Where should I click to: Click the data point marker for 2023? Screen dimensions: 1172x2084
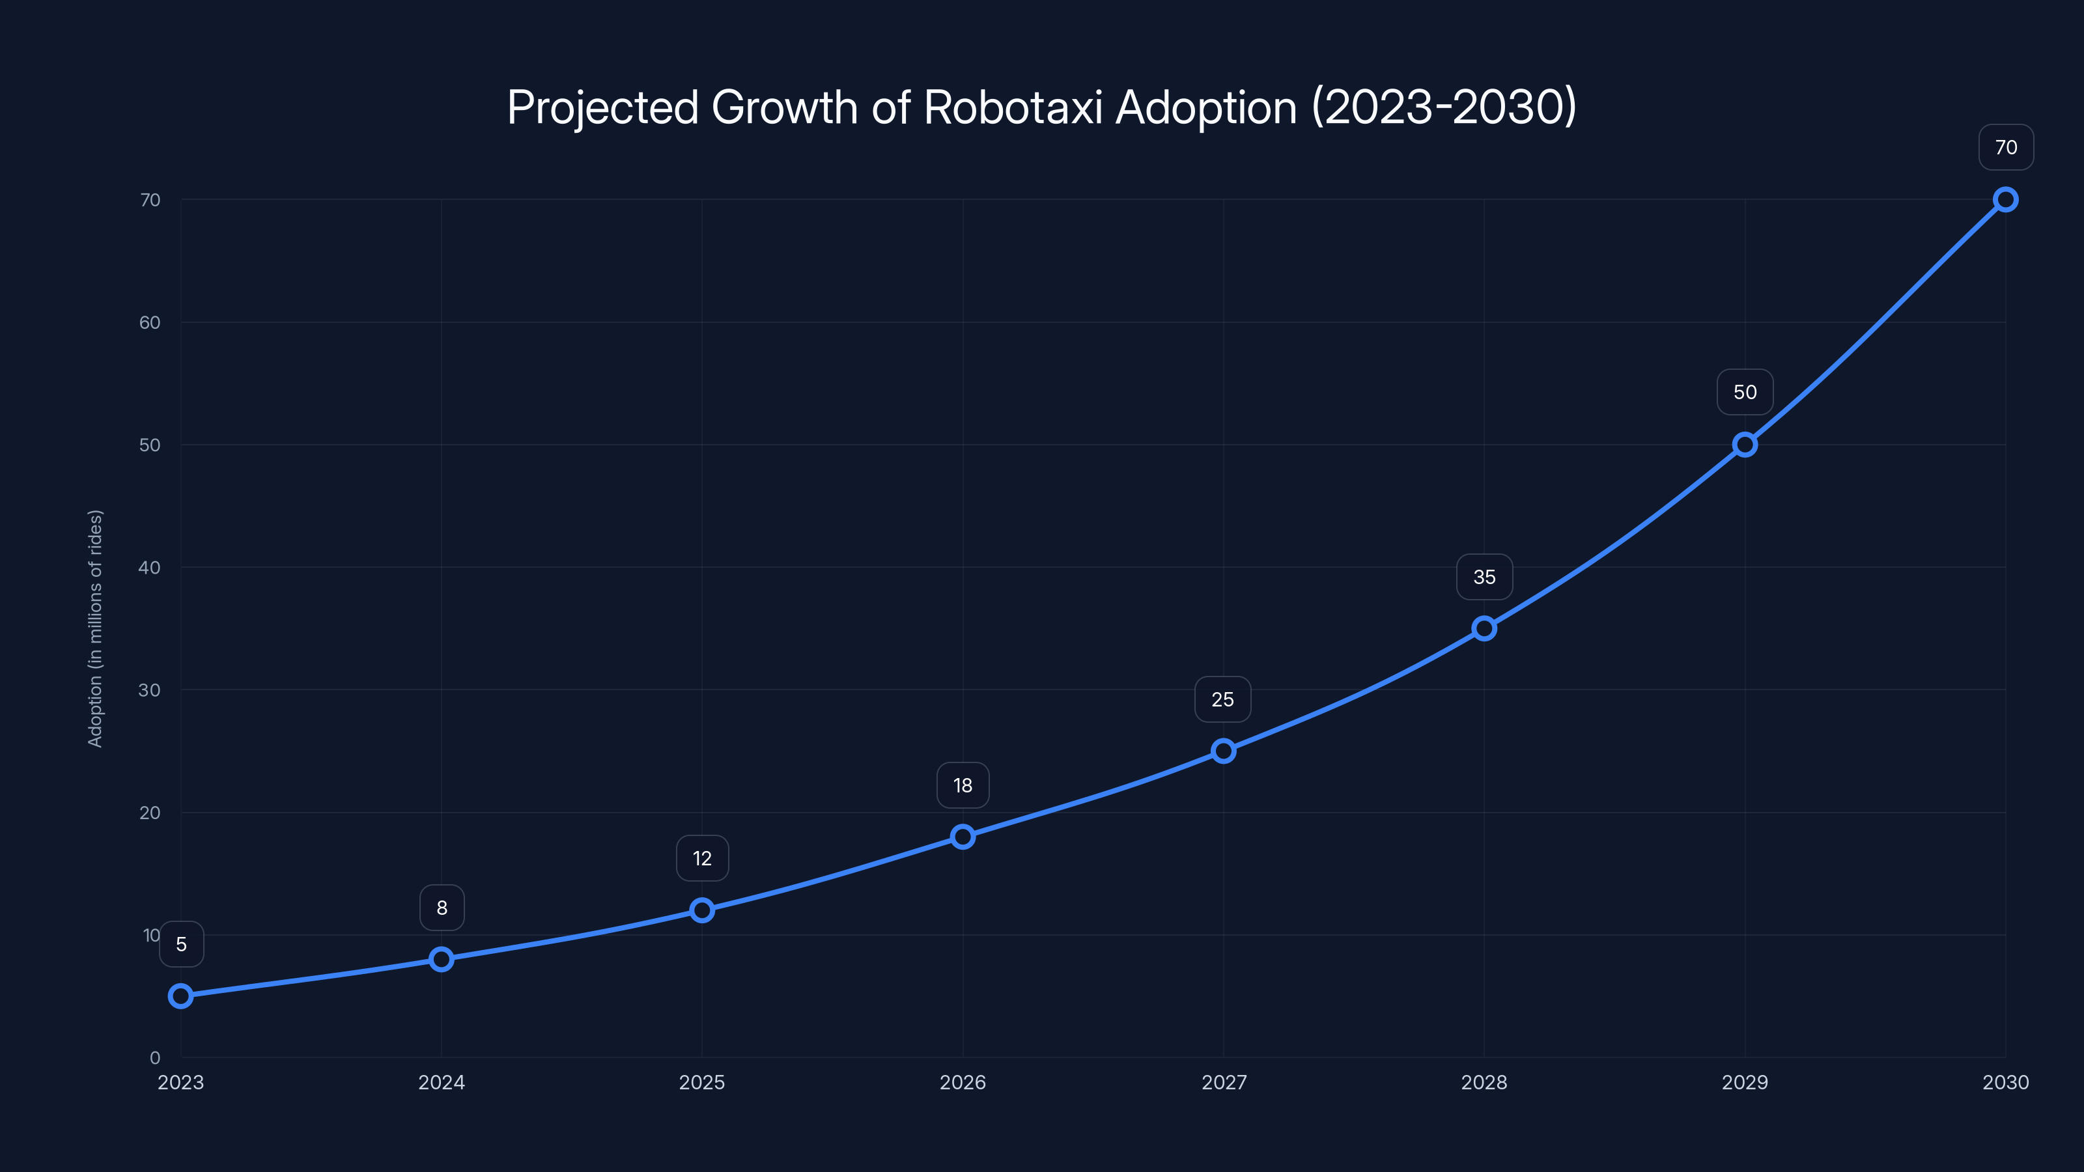point(180,996)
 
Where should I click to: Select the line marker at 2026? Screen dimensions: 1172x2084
point(963,836)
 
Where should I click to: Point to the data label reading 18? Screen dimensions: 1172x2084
point(963,785)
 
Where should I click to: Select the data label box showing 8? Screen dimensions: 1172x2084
point(442,908)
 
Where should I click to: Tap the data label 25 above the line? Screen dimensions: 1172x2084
point(1222,700)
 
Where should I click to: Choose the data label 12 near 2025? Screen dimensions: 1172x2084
point(702,858)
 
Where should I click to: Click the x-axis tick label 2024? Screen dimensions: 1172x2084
point(442,1082)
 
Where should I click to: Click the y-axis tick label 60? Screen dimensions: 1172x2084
point(150,323)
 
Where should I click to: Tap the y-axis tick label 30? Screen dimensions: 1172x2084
point(150,690)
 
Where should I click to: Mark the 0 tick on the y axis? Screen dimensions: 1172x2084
point(154,1057)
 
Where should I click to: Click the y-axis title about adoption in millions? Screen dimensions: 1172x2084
point(96,628)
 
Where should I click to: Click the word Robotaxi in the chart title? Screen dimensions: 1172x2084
point(1013,107)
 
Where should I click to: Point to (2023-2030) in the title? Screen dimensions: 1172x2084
point(1444,107)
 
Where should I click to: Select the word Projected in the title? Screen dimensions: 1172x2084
point(602,107)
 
